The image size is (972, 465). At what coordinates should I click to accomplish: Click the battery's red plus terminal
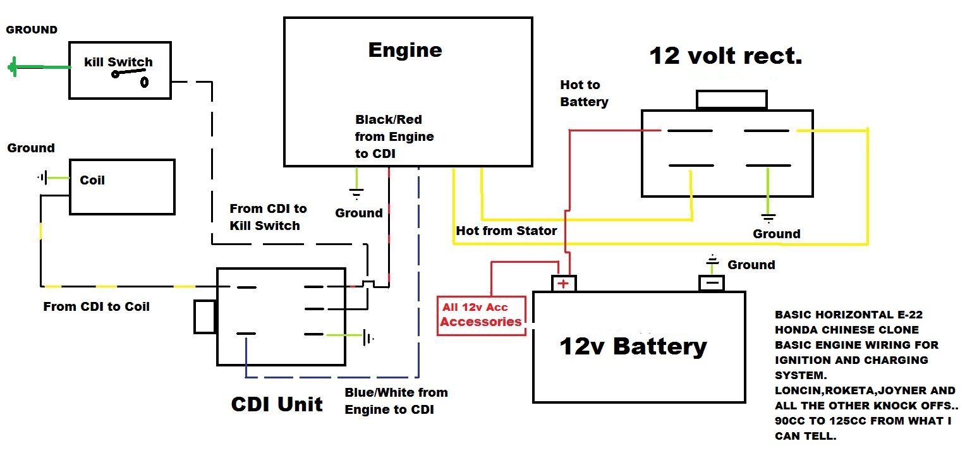click(x=564, y=284)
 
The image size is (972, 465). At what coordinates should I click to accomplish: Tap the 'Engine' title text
click(x=405, y=50)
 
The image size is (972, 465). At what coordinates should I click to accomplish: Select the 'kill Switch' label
click(x=118, y=62)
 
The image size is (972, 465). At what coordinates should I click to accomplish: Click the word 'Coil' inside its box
click(x=92, y=180)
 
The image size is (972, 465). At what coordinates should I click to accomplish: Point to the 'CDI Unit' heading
click(x=277, y=404)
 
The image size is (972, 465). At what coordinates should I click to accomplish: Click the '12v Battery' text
click(x=633, y=346)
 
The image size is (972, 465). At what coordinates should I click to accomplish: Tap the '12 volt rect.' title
click(x=726, y=56)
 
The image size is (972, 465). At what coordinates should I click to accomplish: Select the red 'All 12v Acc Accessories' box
click(x=482, y=315)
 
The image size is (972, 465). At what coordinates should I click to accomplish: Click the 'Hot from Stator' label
click(x=506, y=231)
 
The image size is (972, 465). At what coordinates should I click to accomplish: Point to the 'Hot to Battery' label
click(x=584, y=94)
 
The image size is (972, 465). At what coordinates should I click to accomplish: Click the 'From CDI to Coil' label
click(x=96, y=306)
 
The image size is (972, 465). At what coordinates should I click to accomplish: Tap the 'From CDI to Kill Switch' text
click(x=268, y=217)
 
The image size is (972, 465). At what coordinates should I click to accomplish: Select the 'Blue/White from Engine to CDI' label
click(x=396, y=401)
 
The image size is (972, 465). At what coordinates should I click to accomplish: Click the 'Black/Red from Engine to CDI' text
click(x=394, y=136)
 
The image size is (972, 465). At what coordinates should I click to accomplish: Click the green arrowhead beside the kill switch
click(x=13, y=67)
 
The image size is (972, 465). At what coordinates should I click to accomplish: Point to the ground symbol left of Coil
click(x=42, y=178)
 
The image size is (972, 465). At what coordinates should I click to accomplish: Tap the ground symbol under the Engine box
click(x=357, y=193)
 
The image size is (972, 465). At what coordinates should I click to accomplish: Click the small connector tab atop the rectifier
click(x=731, y=100)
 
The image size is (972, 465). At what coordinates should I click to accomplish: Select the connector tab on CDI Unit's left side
click(x=205, y=317)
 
